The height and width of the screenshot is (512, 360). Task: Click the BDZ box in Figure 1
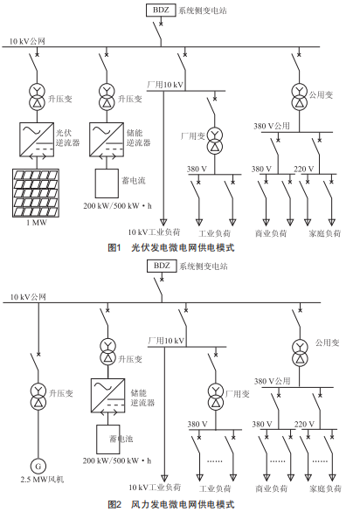tap(161, 10)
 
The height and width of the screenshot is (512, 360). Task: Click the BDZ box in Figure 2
tap(162, 266)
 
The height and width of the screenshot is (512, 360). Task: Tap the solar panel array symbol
tap(36, 192)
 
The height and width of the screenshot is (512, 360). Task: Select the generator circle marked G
tap(38, 466)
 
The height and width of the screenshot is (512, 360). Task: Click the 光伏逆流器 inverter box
tap(37, 140)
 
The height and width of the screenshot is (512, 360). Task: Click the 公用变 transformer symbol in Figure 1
tap(299, 96)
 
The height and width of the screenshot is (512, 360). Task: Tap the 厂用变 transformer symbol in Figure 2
tap(216, 396)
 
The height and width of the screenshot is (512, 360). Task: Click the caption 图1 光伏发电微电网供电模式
tap(171, 247)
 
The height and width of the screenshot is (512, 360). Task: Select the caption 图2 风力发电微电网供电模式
tap(171, 504)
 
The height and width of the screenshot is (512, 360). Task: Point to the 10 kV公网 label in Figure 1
tap(27, 41)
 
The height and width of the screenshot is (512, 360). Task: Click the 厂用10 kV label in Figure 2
tap(166, 341)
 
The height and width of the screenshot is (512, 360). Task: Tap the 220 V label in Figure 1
tap(304, 170)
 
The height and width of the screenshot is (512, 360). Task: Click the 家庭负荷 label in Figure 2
tap(325, 488)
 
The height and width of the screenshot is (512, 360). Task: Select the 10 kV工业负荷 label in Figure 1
tap(154, 232)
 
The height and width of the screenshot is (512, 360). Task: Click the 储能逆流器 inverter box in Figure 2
tap(107, 396)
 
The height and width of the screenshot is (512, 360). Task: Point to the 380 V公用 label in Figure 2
tap(273, 381)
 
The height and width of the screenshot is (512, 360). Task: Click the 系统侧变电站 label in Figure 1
tap(203, 10)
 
